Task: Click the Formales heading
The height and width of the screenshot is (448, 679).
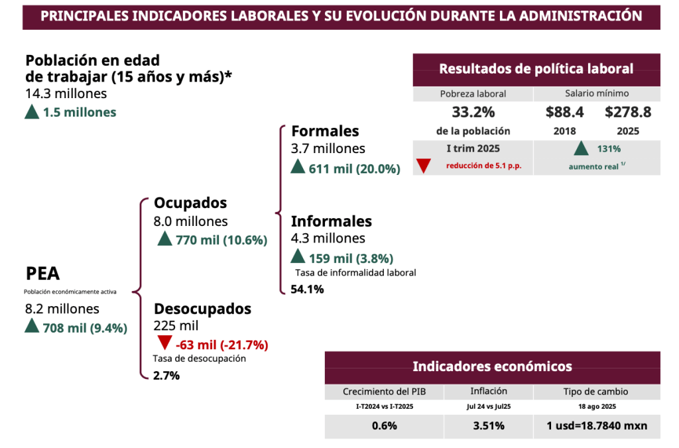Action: point(325,131)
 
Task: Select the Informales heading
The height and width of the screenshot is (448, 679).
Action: point(331,221)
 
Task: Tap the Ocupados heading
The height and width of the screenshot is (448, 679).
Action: point(190,203)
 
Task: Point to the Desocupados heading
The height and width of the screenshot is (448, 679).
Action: point(202,309)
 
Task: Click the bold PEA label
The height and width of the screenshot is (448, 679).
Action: point(43,274)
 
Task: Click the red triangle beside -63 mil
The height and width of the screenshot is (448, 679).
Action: point(165,344)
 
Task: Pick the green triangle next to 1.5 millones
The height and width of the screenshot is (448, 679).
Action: point(32,112)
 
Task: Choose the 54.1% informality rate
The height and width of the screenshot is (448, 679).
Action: point(307,289)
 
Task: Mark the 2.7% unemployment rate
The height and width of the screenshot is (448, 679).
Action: point(166,375)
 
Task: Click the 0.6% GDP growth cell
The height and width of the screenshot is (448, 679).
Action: point(384,425)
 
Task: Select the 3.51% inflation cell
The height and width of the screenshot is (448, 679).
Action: point(489,425)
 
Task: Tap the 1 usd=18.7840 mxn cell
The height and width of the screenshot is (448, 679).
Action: point(597,425)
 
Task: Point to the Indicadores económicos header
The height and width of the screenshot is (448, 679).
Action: point(492,366)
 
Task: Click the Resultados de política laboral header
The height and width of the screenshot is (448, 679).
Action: point(536,68)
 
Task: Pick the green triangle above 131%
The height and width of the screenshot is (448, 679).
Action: point(581,148)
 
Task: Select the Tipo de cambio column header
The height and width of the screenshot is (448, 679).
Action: point(597,392)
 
